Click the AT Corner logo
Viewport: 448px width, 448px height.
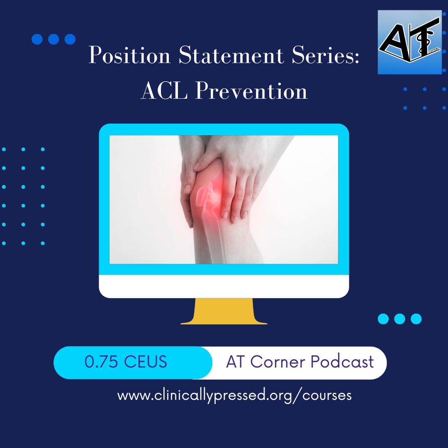pyautogui.click(x=409, y=42)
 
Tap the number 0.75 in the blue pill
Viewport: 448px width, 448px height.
pyautogui.click(x=101, y=362)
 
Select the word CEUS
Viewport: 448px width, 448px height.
pyautogui.click(x=145, y=362)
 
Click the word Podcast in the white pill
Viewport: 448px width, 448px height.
pyautogui.click(x=342, y=362)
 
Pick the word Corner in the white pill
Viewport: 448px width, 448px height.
pyautogui.click(x=278, y=362)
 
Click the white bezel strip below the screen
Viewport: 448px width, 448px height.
pyautogui.click(x=224, y=286)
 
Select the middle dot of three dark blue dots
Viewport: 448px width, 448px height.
pyautogui.click(x=54, y=39)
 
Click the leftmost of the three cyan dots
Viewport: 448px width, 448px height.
pyautogui.click(x=384, y=319)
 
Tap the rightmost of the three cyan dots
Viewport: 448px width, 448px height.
pyautogui.click(x=416, y=319)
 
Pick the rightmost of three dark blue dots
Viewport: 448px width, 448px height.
pyautogui.click(x=70, y=39)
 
